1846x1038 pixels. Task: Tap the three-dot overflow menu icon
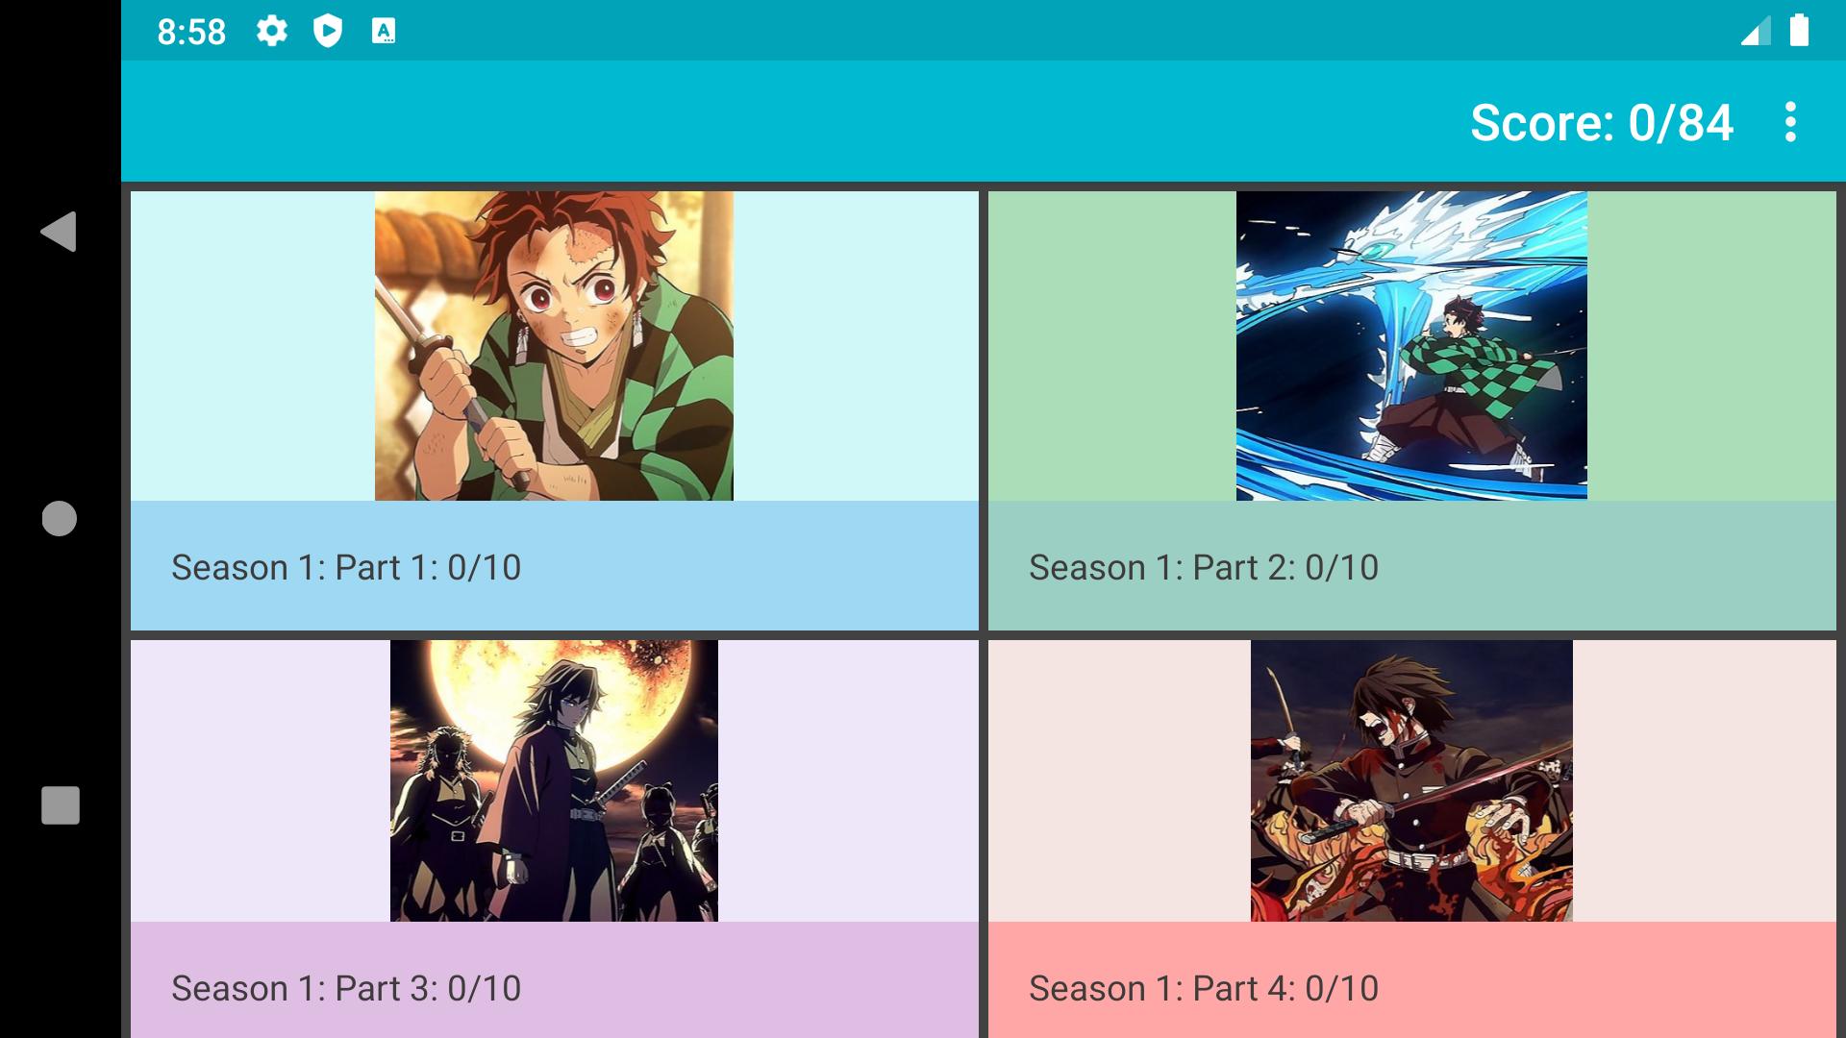(x=1790, y=122)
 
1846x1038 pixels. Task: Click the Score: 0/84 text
(x=1602, y=123)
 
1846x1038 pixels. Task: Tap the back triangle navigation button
(x=59, y=232)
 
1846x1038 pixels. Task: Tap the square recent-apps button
(x=60, y=805)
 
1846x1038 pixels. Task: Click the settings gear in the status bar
(x=272, y=32)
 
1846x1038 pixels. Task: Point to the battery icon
(x=1799, y=30)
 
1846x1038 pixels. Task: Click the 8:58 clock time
(x=191, y=32)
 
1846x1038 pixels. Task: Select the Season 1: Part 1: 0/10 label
(x=346, y=568)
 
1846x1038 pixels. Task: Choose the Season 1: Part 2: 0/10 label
(x=1204, y=568)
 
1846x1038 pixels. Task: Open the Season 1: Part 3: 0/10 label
(x=346, y=989)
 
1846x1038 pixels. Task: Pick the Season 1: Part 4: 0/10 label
(x=1204, y=989)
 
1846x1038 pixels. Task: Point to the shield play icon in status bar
(x=328, y=32)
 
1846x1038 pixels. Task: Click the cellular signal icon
(x=1756, y=33)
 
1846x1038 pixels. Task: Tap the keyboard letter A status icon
(x=384, y=32)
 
